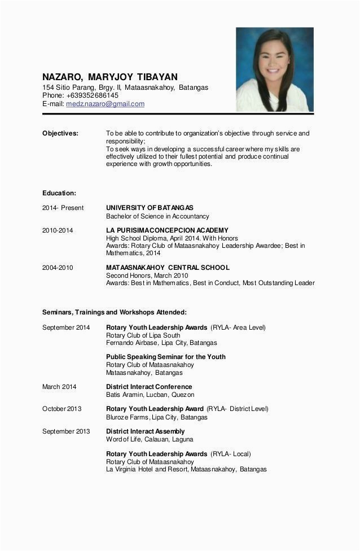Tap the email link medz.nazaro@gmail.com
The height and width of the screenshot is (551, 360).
coord(105,104)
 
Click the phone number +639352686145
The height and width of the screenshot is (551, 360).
coord(92,95)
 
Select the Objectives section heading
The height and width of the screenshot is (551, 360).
coord(60,134)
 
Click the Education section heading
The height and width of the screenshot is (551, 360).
coord(59,193)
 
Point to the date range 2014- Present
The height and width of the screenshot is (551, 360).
coord(63,208)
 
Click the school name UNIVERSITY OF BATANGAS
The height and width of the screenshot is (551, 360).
coord(150,208)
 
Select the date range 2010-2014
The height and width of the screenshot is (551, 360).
coord(58,230)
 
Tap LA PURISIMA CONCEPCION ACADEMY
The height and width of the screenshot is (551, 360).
coord(167,230)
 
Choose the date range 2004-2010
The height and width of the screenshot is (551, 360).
coord(58,268)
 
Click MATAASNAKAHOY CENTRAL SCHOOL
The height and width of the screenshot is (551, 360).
coord(168,268)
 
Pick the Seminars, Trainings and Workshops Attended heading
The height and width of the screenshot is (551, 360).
coord(114,312)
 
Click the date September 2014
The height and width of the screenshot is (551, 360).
coord(66,327)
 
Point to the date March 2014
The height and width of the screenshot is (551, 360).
coord(59,387)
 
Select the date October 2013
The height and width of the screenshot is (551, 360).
coord(62,409)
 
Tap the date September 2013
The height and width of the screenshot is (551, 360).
coord(66,431)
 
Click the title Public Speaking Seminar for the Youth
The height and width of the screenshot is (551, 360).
coord(165,357)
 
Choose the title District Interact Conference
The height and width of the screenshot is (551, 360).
coord(149,387)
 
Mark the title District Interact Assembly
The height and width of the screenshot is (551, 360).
coord(145,431)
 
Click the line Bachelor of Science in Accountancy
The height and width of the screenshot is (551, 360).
coord(157,216)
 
